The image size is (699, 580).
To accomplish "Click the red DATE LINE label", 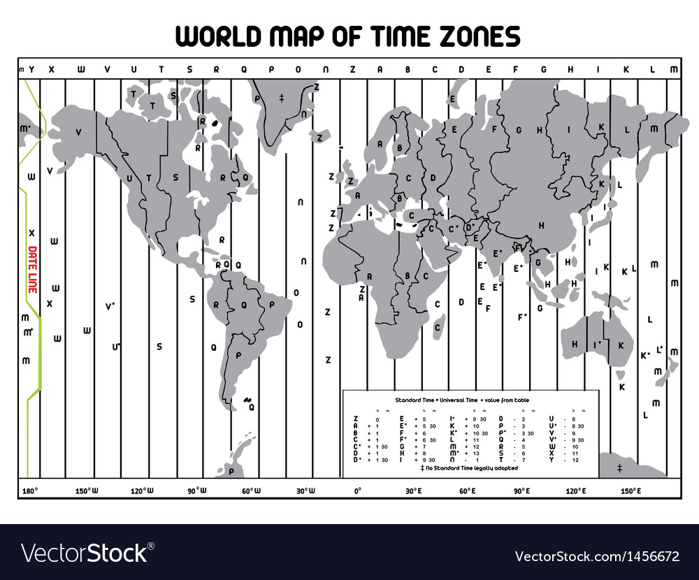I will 32,268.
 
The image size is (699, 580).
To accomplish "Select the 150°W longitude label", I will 87,491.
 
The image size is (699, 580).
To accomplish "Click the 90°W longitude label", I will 196,491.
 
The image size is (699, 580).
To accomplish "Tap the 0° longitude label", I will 357,491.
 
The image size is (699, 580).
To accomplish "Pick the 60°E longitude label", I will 467,491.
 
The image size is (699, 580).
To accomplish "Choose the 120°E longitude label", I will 576,491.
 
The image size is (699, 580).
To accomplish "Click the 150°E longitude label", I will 630,491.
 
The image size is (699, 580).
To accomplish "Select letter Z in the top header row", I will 352,69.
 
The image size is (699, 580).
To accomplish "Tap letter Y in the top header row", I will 31,69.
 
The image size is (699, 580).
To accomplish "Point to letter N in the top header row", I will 326,69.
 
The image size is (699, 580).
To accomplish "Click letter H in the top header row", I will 570,69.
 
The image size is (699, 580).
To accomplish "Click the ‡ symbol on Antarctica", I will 619,467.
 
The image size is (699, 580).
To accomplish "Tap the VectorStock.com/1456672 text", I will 596,556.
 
